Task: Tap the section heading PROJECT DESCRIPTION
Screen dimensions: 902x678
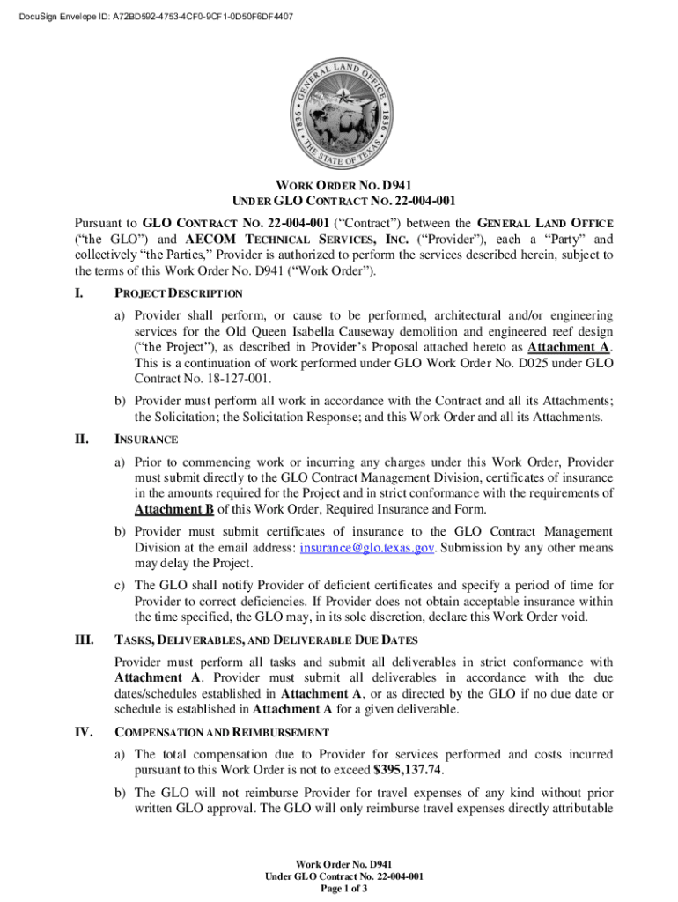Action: (179, 293)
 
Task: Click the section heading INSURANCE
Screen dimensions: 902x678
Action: (147, 439)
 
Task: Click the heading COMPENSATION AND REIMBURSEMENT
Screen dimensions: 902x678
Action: (222, 732)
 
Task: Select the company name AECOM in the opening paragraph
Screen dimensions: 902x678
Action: (215, 239)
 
